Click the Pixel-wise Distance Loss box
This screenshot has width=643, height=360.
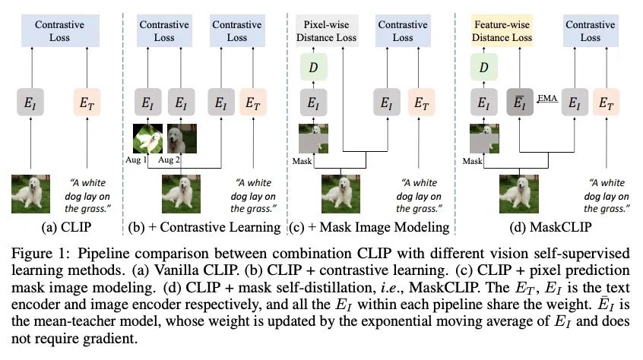(326, 30)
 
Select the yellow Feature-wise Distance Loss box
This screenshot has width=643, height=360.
(502, 30)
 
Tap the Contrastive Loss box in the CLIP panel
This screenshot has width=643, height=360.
(60, 30)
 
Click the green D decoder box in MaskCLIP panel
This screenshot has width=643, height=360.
(484, 67)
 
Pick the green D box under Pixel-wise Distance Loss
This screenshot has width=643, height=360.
(313, 67)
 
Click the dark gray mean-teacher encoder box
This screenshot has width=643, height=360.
(520, 102)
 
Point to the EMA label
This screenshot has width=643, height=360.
(547, 98)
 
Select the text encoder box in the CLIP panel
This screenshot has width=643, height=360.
(87, 102)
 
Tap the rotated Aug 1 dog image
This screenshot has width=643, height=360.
(147, 138)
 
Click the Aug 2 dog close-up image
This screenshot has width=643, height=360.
(182, 138)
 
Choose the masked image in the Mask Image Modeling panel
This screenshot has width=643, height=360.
(313, 138)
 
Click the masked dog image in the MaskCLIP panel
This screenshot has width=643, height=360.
(484, 138)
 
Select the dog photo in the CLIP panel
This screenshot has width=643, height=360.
(30, 194)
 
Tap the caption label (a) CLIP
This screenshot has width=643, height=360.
(66, 227)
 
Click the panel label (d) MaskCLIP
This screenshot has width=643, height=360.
(550, 227)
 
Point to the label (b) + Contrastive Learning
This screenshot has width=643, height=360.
(204, 227)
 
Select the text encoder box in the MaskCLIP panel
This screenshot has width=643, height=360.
(606, 102)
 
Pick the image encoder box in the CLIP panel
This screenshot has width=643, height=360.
(30, 102)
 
